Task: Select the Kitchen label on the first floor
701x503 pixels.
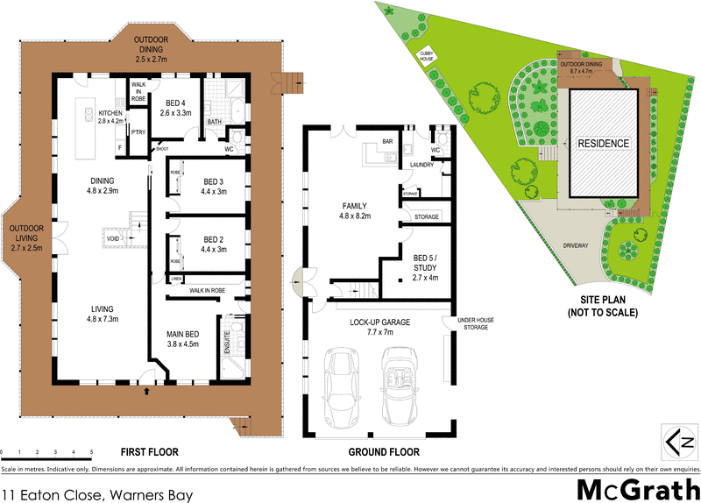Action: coord(110,115)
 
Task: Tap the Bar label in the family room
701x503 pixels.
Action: coord(386,142)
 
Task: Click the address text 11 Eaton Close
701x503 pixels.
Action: coord(96,495)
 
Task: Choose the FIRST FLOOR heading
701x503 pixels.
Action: coord(150,452)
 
